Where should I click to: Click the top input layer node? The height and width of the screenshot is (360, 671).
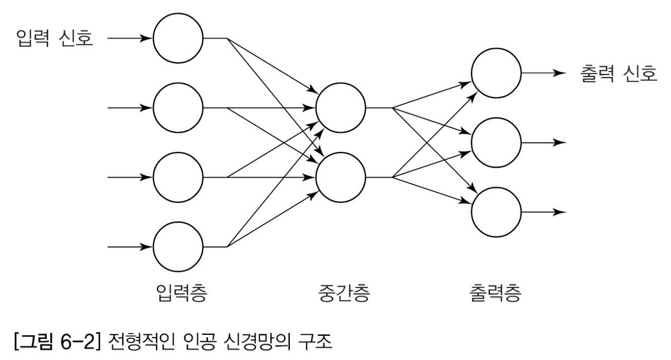pos(178,38)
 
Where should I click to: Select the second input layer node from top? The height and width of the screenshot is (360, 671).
pos(178,108)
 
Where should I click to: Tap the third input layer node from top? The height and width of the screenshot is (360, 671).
pos(178,177)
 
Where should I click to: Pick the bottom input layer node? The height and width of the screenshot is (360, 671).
pos(178,246)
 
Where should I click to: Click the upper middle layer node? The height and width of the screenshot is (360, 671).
pos(341,108)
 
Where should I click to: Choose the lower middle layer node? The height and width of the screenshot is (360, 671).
pos(341,177)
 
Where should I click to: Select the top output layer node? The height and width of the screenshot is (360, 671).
pos(496,73)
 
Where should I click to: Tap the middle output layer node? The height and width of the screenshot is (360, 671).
pos(496,142)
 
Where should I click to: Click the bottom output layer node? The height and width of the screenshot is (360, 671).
pos(496,212)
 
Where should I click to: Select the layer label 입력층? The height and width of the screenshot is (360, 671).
pos(178,293)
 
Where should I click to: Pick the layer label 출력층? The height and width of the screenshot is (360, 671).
pos(495,293)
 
